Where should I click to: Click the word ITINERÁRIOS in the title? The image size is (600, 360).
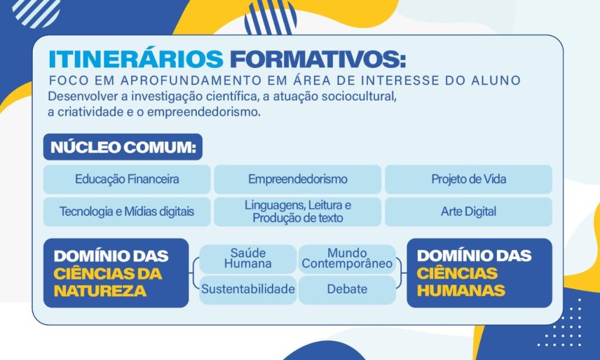point(136,59)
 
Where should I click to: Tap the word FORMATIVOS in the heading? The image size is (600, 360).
point(318,59)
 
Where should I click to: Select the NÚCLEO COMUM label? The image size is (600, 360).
point(123,147)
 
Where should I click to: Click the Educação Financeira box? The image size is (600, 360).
point(127,179)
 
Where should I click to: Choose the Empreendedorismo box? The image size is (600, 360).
point(298,179)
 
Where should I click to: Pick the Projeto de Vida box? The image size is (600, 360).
point(468,179)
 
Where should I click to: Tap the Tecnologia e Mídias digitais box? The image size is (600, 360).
point(127,212)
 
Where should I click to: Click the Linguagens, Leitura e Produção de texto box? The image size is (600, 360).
point(298,212)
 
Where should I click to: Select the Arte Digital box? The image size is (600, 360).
point(468,212)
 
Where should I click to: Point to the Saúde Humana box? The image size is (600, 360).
point(248,259)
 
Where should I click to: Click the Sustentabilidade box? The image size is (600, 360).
point(248,290)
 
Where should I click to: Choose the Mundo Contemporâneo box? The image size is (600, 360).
point(347,259)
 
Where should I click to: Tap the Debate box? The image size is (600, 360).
point(347,290)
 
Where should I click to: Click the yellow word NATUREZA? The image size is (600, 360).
point(100,291)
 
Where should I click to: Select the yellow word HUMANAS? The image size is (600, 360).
point(461,291)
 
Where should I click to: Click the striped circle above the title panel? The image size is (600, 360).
point(271,18)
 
